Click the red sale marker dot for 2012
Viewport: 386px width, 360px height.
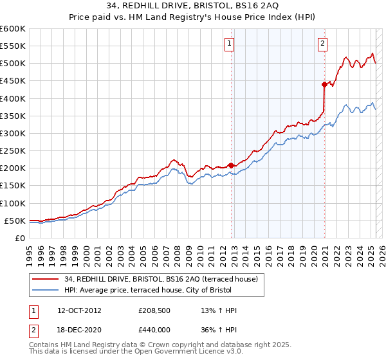click(x=231, y=165)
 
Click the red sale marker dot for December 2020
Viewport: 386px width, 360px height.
click(x=324, y=84)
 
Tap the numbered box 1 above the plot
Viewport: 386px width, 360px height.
click(x=229, y=44)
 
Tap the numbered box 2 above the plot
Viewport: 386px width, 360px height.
click(x=322, y=44)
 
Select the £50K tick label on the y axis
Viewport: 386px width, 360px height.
click(x=15, y=221)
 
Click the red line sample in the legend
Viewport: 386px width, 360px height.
click(x=46, y=279)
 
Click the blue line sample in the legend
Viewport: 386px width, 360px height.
click(x=46, y=290)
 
